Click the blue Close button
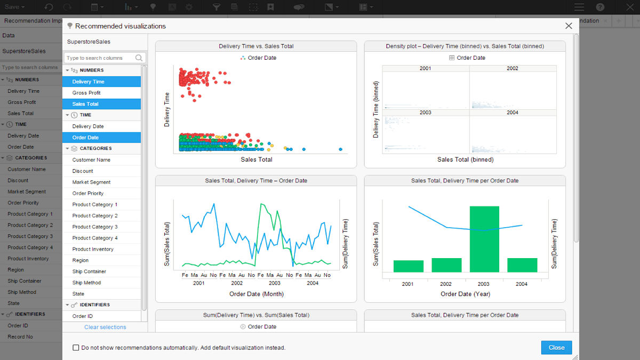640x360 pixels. (x=556, y=347)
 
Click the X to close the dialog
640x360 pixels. (x=569, y=26)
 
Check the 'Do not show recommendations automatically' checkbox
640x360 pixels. (x=76, y=348)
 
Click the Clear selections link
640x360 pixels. (x=105, y=327)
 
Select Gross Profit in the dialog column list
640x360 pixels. (x=86, y=93)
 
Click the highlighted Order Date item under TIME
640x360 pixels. (x=85, y=138)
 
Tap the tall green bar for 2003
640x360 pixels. (x=484, y=240)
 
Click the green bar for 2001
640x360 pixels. (x=409, y=266)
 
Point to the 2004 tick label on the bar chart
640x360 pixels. (x=522, y=284)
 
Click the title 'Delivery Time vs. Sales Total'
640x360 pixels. (x=256, y=46)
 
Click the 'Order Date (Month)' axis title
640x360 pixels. (x=257, y=294)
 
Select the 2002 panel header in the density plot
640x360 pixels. (x=513, y=68)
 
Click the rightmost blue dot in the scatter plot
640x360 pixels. (x=340, y=149)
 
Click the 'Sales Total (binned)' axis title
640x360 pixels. (x=465, y=159)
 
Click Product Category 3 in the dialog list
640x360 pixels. (x=95, y=227)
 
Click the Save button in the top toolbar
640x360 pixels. (x=14, y=7)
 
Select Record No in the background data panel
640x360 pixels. (x=20, y=337)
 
